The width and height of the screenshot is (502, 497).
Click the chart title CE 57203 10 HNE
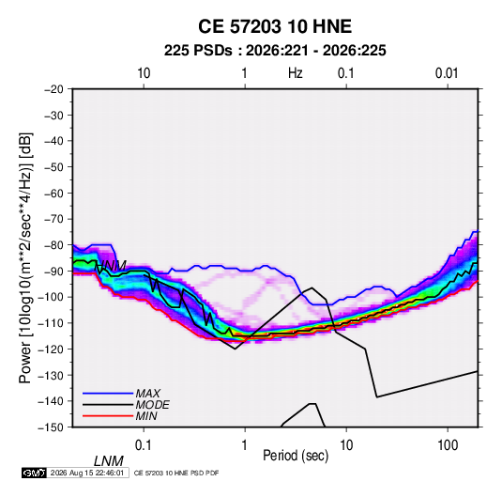[x=275, y=26]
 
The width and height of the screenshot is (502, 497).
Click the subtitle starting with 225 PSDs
[x=275, y=51]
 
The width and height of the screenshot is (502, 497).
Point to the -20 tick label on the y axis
[x=53, y=89]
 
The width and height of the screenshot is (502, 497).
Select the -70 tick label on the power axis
[x=53, y=219]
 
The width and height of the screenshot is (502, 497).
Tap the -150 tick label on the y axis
[x=51, y=427]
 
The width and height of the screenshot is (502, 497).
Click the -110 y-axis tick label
[x=51, y=323]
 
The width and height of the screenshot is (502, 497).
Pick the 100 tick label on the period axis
[x=448, y=445]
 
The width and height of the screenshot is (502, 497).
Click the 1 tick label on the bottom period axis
[x=245, y=445]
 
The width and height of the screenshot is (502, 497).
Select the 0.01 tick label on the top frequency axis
[x=447, y=73]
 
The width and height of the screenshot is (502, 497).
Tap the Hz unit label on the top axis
[x=296, y=73]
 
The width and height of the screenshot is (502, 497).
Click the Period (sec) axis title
[x=296, y=456]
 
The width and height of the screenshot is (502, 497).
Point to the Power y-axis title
[x=25, y=257]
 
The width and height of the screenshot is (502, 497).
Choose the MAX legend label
[x=148, y=394]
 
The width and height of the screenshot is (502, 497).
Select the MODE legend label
[x=152, y=405]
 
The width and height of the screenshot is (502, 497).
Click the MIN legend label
[x=146, y=416]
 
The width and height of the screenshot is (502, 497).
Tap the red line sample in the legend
[x=108, y=416]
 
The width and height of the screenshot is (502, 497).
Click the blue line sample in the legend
[x=108, y=394]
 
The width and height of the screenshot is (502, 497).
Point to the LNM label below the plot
[x=109, y=461]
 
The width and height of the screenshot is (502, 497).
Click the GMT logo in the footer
[x=35, y=473]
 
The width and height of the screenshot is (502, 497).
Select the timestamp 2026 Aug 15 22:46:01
[x=87, y=473]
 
